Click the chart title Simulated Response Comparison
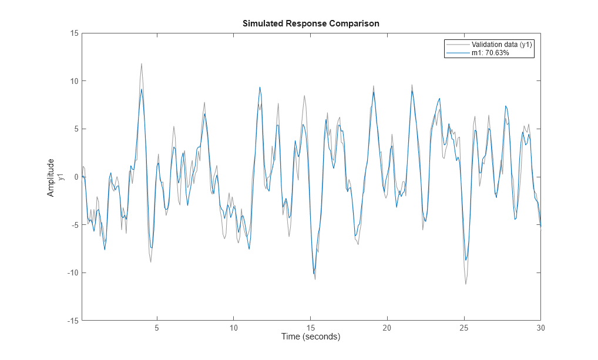[x=311, y=23]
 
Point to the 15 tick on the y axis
[x=75, y=33]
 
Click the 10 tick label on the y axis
[x=75, y=81]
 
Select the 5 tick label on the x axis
[x=157, y=328]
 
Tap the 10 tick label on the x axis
[x=233, y=328]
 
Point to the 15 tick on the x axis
[x=311, y=328]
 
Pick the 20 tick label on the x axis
[x=387, y=328]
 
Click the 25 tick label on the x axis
[x=464, y=328]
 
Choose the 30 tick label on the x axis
[x=540, y=328]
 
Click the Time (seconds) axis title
[x=311, y=337]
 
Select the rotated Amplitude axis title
[x=51, y=177]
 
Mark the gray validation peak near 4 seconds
[x=142, y=64]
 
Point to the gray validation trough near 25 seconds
[x=466, y=284]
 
